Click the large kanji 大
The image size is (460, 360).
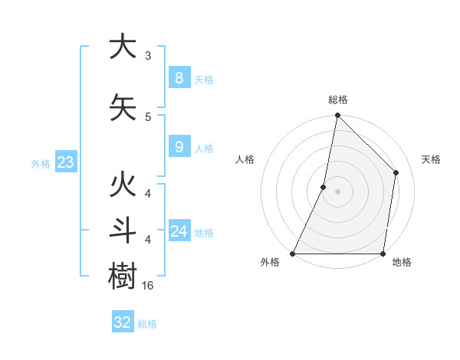(123, 47)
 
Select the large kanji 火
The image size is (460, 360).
(123, 187)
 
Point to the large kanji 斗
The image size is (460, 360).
(123, 231)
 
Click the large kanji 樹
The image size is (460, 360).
(123, 275)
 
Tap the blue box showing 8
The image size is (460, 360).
(179, 78)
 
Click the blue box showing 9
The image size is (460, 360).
(179, 146)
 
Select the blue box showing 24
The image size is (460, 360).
(179, 231)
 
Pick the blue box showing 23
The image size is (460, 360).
(65, 162)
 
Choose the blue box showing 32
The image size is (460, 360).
(122, 322)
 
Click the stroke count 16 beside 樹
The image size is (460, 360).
(149, 285)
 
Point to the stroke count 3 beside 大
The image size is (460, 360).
(147, 56)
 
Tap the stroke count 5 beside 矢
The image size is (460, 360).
(147, 116)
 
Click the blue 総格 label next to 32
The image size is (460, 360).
(147, 324)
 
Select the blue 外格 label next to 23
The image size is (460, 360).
(41, 164)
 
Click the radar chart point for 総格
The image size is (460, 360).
(337, 115)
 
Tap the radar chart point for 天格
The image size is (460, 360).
(396, 172)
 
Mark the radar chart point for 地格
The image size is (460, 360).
(383, 254)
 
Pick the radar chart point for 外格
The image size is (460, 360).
(292, 254)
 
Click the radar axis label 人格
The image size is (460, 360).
(245, 159)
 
